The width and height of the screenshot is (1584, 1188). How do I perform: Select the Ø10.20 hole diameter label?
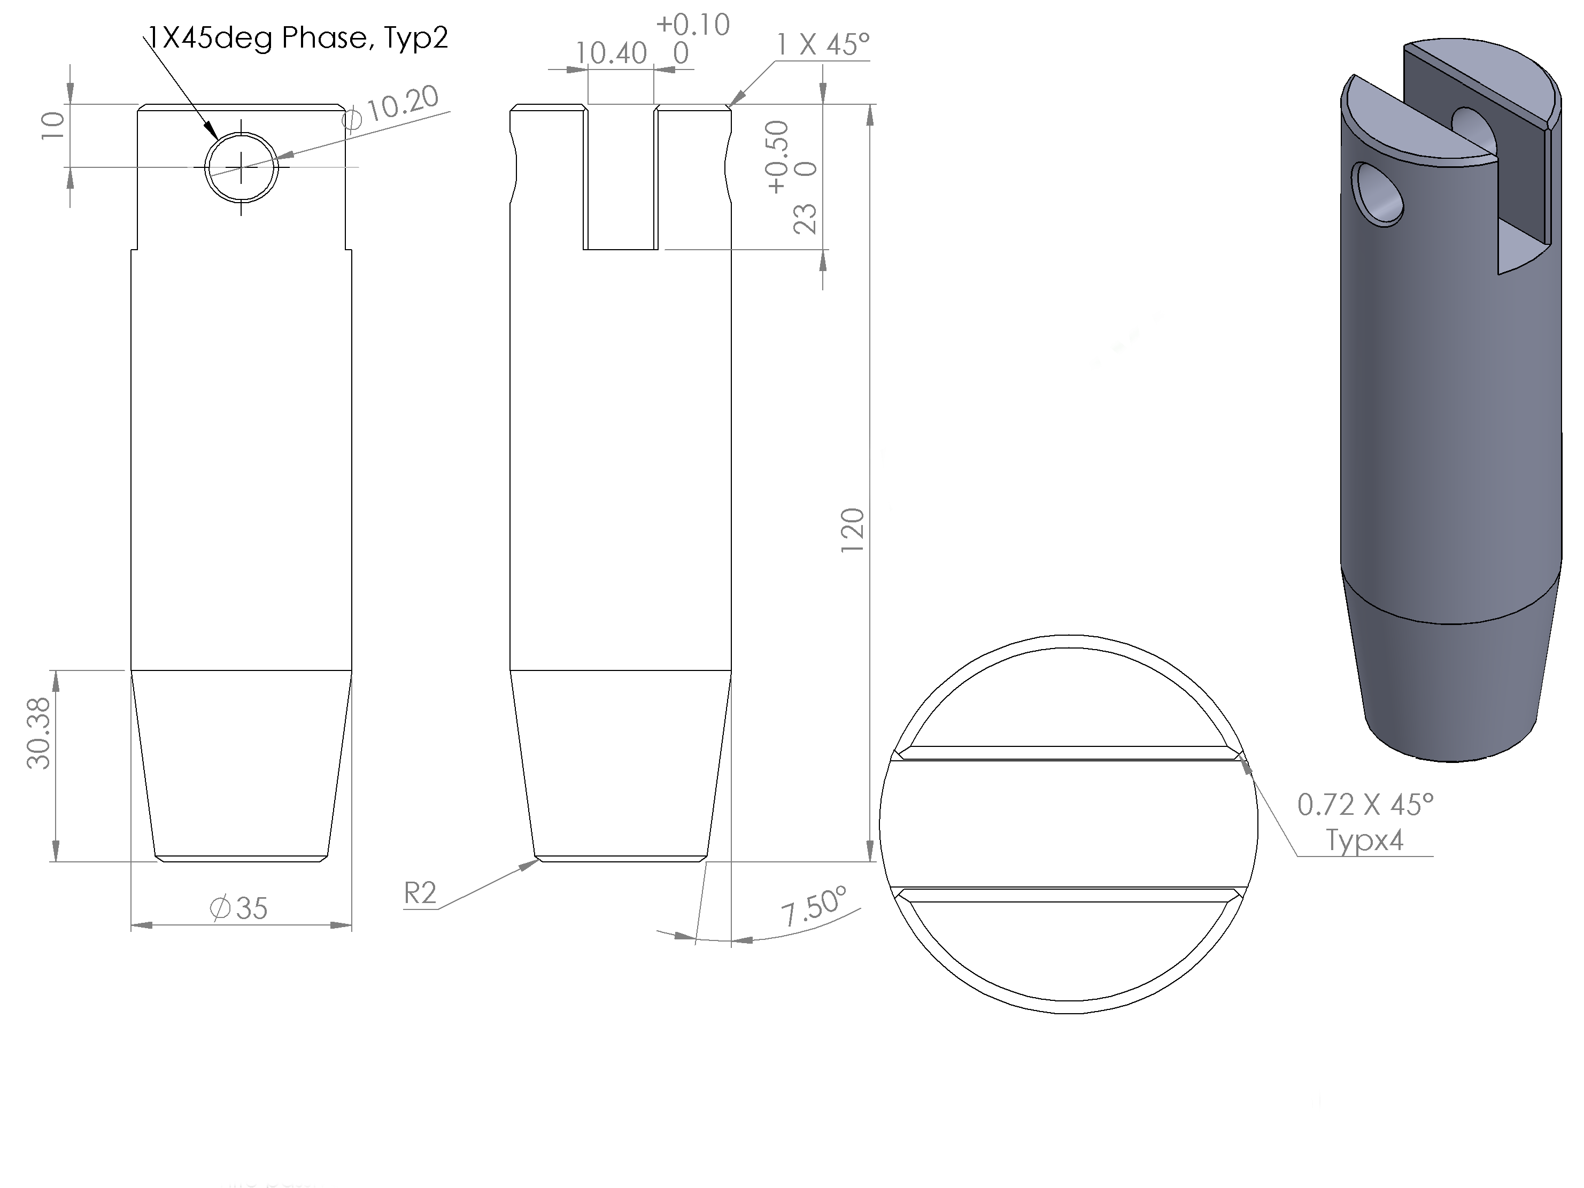coord(391,107)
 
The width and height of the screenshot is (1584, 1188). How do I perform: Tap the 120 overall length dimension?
coord(852,529)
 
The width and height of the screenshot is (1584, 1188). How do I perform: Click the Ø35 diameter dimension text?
coord(238,908)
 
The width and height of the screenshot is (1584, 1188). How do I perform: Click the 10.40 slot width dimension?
coord(611,53)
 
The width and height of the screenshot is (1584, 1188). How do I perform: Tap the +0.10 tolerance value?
coord(692,25)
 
